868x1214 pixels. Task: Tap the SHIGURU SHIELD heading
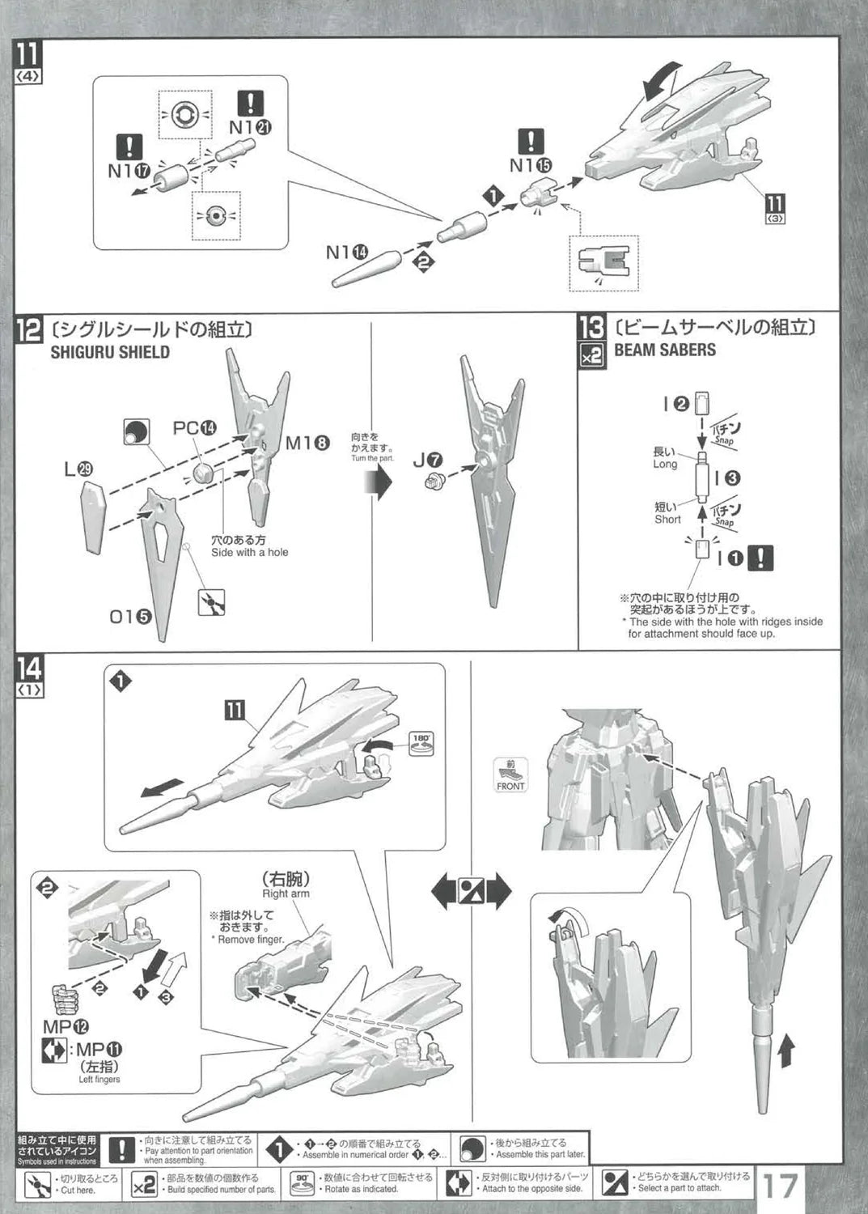110,352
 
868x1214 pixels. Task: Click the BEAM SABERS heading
665,350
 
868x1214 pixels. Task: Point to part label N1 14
346,253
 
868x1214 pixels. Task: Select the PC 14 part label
195,428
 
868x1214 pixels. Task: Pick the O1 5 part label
130,618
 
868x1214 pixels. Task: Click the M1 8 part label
307,444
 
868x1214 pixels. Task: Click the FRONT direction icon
510,775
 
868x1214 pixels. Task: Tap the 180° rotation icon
423,743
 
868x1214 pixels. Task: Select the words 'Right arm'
286,894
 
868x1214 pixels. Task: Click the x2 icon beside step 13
591,357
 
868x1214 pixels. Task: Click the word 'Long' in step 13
665,465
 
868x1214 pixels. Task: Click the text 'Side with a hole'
249,552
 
